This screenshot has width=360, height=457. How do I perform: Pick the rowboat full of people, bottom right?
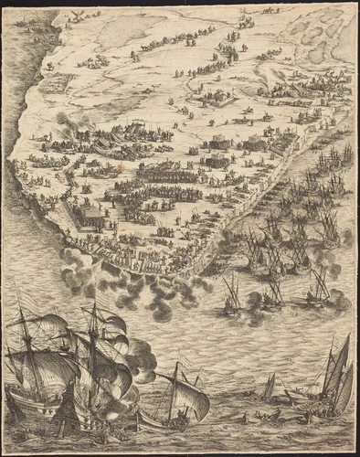(302, 399)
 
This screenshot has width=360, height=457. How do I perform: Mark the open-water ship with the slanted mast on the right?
(318, 288)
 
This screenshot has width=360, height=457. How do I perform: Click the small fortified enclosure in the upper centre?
(219, 96)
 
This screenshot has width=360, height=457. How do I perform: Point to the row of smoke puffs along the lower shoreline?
(137, 279)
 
